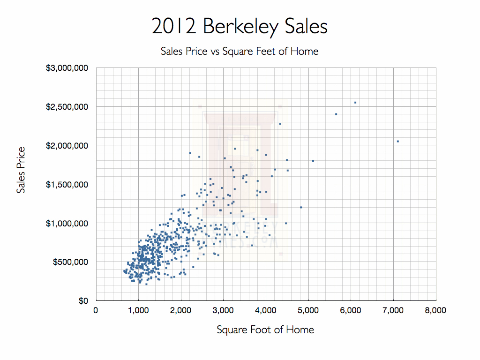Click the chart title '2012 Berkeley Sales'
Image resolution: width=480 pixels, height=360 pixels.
click(x=240, y=27)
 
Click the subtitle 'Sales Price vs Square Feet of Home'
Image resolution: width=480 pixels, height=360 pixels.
click(x=240, y=51)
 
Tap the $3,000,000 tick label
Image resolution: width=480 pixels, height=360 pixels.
click(x=67, y=68)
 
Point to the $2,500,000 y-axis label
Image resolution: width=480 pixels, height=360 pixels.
click(x=67, y=107)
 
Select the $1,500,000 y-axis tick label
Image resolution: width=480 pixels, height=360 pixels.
click(x=67, y=184)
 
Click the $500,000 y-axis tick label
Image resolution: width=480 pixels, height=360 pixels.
click(x=70, y=262)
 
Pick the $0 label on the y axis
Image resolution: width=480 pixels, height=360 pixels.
click(x=83, y=300)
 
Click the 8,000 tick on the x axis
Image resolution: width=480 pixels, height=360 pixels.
click(x=435, y=310)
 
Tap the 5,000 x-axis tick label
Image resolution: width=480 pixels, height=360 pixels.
click(x=308, y=310)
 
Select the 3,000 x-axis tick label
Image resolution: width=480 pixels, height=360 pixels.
click(x=223, y=310)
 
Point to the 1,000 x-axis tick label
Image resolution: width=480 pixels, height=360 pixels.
click(x=138, y=310)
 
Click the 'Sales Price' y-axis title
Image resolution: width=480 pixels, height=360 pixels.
click(x=21, y=170)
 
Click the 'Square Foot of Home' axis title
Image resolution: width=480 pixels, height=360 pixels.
click(x=265, y=330)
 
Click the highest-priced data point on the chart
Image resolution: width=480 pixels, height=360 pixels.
click(x=355, y=102)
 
